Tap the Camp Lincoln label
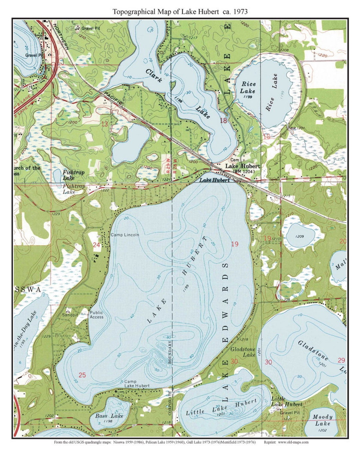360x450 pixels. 125,235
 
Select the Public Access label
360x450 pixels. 96,315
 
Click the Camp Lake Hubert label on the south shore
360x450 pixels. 137,383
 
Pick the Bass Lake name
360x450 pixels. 109,416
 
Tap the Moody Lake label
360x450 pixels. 322,420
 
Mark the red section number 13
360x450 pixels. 104,124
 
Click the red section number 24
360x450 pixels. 96,245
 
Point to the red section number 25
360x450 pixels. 82,375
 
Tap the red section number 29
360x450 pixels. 341,360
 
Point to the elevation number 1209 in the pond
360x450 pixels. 299,236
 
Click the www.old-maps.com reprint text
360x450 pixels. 293,442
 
